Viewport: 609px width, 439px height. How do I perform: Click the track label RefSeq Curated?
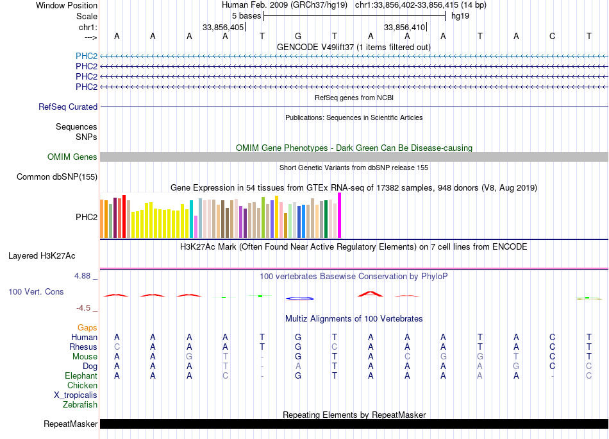click(68, 107)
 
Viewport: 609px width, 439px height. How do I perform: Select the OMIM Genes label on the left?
click(72, 157)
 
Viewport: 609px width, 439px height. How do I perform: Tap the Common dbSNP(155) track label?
click(57, 177)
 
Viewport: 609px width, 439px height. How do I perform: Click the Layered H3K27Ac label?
click(42, 256)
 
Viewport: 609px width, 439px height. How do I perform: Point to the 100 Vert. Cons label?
click(36, 292)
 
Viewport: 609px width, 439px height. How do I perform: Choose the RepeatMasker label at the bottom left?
click(71, 424)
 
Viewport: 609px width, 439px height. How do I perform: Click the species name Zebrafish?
click(80, 405)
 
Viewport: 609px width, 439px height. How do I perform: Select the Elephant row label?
click(81, 376)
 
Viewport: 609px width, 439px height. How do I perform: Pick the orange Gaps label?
click(87, 328)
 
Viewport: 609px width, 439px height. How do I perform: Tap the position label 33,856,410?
click(405, 28)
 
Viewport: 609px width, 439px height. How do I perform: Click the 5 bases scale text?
click(246, 16)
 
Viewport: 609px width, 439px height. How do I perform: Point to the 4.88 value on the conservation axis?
click(83, 276)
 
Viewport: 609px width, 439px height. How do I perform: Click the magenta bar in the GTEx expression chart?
click(340, 216)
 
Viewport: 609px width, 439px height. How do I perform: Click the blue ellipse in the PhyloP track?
click(299, 298)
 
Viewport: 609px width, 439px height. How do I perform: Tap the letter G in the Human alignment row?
click(298, 337)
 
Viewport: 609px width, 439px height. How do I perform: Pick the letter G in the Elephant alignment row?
click(298, 376)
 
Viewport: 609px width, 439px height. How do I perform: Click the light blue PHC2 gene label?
click(87, 56)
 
